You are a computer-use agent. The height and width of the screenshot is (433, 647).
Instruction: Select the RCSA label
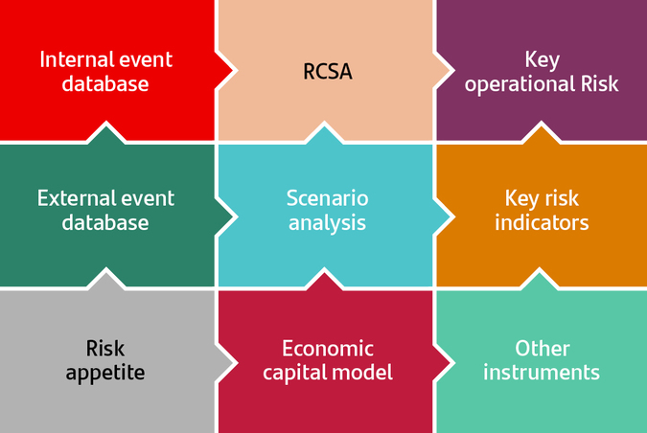click(x=327, y=71)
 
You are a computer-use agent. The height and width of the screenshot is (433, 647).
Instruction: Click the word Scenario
click(x=327, y=198)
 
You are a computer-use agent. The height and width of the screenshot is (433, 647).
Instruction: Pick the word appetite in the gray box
click(x=105, y=373)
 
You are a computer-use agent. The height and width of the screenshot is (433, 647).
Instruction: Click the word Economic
click(x=328, y=348)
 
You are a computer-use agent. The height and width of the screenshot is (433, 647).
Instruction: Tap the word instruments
click(x=542, y=372)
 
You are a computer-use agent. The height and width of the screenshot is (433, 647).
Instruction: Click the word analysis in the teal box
click(x=327, y=222)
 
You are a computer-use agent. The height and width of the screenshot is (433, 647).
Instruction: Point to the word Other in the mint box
click(x=542, y=348)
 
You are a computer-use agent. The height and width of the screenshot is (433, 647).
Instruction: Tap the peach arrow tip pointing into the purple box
click(x=450, y=71)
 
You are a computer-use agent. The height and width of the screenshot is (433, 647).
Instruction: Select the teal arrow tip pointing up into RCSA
click(x=327, y=131)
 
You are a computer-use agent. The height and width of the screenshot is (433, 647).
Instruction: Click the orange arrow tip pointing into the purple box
click(x=542, y=131)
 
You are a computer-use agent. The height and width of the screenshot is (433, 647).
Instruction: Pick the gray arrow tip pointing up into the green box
click(x=108, y=275)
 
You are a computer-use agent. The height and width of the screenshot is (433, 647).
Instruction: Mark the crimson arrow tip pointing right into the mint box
click(x=450, y=360)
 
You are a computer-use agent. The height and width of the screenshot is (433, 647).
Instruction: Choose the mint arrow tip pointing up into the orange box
click(x=542, y=275)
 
